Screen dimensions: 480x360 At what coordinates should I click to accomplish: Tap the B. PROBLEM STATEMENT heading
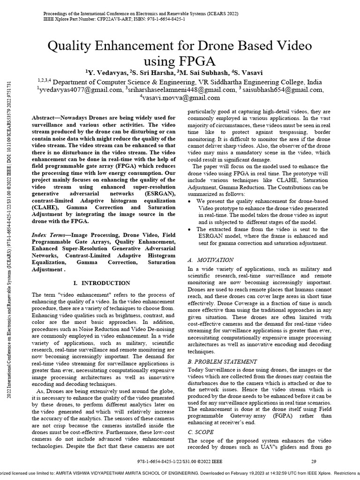click(x=222, y=361)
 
